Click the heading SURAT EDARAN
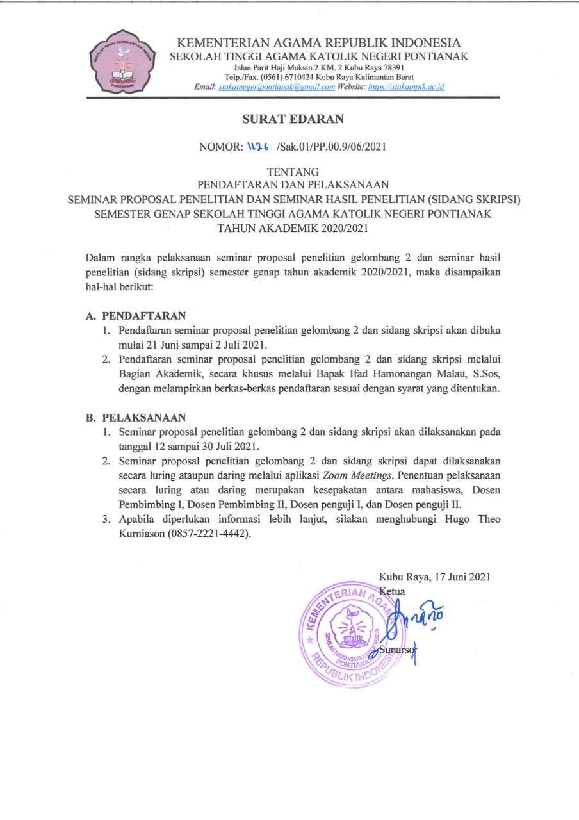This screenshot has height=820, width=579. [289, 119]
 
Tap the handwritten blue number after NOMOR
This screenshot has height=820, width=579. [259, 147]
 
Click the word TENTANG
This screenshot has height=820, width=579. [289, 172]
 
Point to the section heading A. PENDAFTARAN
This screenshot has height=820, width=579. [136, 316]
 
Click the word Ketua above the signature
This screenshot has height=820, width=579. [392, 590]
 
